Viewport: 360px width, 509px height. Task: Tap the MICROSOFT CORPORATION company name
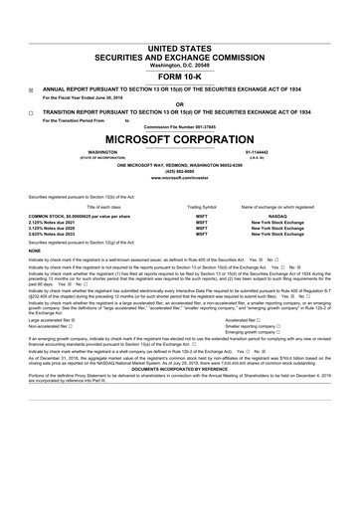pos(179,135)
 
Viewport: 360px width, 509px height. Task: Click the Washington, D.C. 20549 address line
pos(179,36)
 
